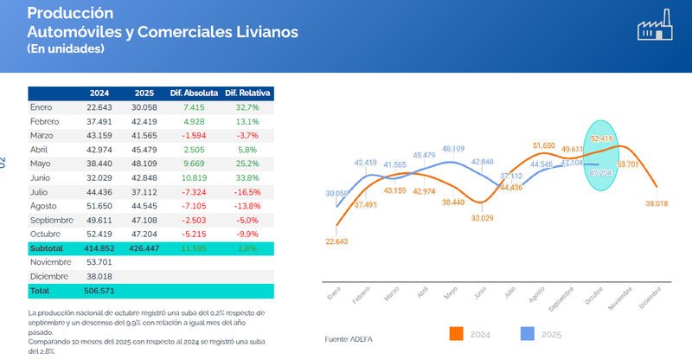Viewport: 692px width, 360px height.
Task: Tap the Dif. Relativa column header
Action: (x=247, y=93)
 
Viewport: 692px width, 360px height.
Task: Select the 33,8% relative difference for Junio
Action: (x=247, y=177)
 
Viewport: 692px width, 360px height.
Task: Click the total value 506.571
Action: (x=97, y=291)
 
